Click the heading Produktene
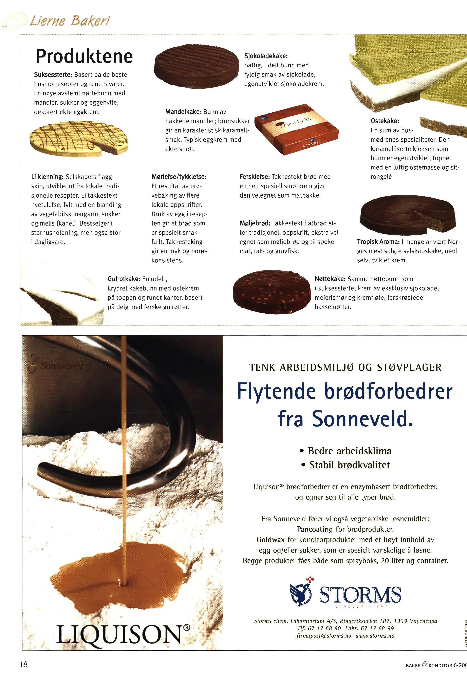coord(84,56)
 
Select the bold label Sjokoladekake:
coord(266,56)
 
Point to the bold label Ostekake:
coord(385,121)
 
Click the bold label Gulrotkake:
coord(124,279)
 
